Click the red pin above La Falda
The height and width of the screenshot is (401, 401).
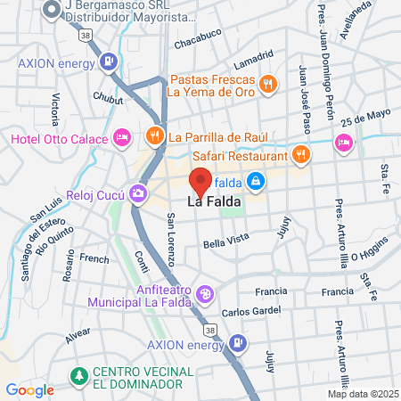coord(201,181)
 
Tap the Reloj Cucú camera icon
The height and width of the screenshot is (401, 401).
coord(138,192)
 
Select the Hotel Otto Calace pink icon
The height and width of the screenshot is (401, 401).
coord(123,138)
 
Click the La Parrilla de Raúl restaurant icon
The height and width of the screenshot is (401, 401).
coord(155,136)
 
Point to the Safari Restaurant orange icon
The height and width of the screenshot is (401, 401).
coord(301,153)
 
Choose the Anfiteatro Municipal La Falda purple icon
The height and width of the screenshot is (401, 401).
coord(205,293)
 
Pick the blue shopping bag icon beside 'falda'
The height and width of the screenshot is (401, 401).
coord(256,181)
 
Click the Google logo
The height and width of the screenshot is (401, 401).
coord(29,389)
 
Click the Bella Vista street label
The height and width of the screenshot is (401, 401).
coord(223,243)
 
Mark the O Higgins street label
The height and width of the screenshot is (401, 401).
coord(370,250)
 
